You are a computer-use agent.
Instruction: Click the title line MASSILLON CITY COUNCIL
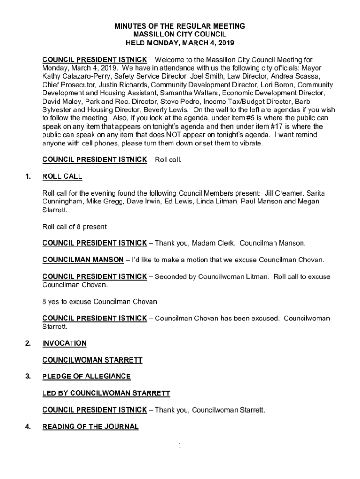coord(180,35)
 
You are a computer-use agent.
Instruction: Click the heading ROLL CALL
coord(62,176)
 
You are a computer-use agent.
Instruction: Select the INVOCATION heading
coord(65,343)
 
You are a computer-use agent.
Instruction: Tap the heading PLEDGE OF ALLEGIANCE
coord(86,377)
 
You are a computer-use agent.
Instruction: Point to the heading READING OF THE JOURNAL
coord(90,427)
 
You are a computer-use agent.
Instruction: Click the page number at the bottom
coord(180,445)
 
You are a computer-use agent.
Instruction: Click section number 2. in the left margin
coord(28,343)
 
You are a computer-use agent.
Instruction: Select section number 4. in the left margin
coord(28,427)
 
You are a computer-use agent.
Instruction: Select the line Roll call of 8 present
coord(74,227)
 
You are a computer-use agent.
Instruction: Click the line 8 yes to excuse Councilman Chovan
coord(100,302)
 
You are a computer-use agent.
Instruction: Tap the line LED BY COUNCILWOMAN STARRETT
coord(106,393)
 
